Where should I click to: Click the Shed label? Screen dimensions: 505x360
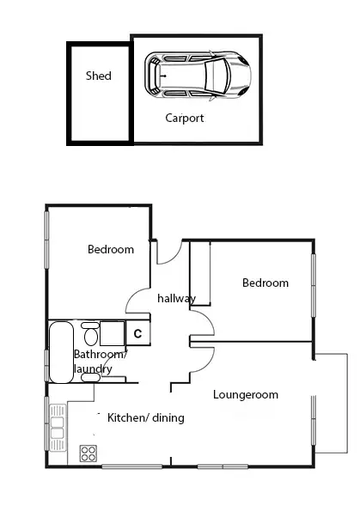(x=98, y=76)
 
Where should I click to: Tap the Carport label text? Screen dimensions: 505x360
(x=185, y=119)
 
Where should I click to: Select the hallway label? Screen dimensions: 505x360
(x=177, y=298)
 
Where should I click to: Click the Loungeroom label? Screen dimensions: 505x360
(x=246, y=395)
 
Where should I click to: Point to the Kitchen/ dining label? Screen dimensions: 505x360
(x=146, y=418)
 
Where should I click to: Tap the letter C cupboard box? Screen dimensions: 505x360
(x=137, y=333)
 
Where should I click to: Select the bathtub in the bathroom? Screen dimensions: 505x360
(x=60, y=352)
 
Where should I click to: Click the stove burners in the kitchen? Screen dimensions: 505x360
(x=88, y=453)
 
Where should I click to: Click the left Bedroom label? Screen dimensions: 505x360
(x=111, y=250)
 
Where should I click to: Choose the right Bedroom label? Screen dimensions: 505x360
(x=265, y=283)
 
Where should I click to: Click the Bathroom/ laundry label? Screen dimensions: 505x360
(x=98, y=362)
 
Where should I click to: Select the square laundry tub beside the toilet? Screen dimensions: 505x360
(x=113, y=333)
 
